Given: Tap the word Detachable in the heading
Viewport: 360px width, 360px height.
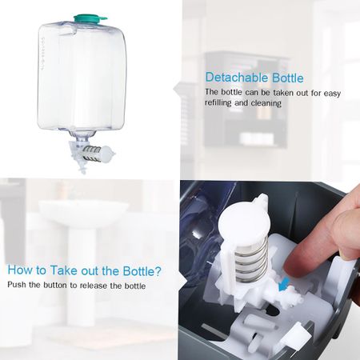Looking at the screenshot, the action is pyautogui.click(x=237, y=78).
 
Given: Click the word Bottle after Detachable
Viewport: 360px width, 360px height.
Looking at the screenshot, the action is pyautogui.click(x=288, y=78).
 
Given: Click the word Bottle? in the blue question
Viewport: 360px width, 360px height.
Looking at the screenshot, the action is pyautogui.click(x=142, y=271).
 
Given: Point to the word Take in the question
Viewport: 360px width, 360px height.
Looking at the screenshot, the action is pyautogui.click(x=64, y=270).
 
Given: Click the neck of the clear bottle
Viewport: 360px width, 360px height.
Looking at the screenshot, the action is pyautogui.click(x=80, y=135).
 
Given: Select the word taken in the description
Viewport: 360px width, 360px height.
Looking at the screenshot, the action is pyautogui.click(x=269, y=93).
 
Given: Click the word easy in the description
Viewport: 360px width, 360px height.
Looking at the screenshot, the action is pyautogui.click(x=332, y=94).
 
